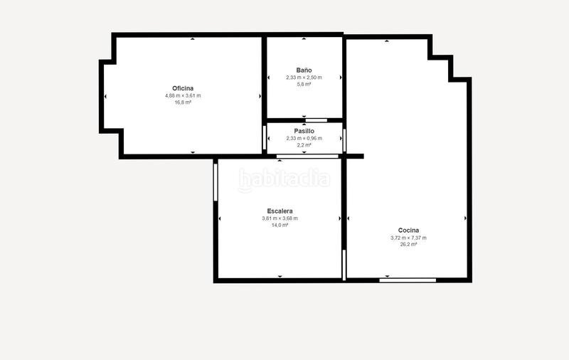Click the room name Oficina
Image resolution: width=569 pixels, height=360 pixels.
(183, 88)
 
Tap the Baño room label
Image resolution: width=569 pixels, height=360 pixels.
(304, 70)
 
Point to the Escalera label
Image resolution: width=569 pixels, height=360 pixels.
(280, 211)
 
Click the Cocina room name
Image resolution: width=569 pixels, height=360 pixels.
(408, 231)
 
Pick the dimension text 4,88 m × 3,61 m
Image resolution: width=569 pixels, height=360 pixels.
(183, 95)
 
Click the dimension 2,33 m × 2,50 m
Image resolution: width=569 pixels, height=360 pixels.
(304, 78)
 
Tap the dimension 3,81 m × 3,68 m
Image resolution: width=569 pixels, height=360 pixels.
(280, 218)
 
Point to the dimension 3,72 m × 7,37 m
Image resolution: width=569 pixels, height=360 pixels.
(408, 238)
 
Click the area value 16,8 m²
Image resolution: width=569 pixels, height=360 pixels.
(183, 102)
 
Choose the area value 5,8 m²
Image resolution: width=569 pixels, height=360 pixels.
(304, 84)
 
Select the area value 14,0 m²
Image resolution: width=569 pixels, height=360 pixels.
(280, 225)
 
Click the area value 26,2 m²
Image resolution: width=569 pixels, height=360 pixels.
(408, 244)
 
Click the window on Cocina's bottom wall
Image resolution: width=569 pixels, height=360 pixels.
(408, 280)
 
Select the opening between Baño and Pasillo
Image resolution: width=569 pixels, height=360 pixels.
(316, 120)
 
